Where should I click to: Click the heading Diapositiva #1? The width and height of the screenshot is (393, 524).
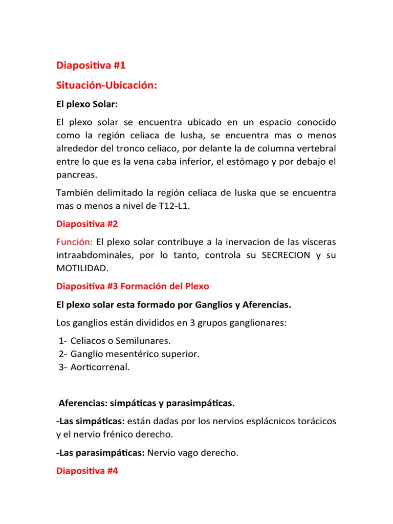[x=91, y=65]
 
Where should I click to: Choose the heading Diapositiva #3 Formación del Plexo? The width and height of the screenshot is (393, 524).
[x=133, y=286]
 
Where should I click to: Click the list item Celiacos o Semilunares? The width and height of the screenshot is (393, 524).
[x=121, y=340]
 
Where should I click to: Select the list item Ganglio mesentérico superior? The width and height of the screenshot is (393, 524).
[x=135, y=354]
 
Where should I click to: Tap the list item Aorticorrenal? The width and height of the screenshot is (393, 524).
[x=100, y=367]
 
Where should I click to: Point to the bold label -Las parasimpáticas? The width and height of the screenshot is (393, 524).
[x=100, y=453]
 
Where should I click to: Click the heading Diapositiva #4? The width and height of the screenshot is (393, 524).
[x=87, y=471]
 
